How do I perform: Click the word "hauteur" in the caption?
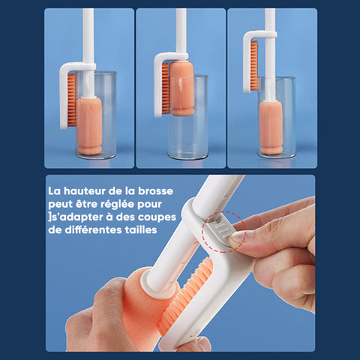pyautogui.click(x=84, y=191)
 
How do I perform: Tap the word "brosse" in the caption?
pyautogui.click(x=155, y=191)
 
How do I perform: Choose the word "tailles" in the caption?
pyautogui.click(x=141, y=230)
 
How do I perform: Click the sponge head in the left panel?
pyautogui.click(x=89, y=126)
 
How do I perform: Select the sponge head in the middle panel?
pyautogui.click(x=181, y=88)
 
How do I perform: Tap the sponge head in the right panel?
pyautogui.click(x=271, y=127)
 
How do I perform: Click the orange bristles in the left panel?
pyautogui.click(x=73, y=100)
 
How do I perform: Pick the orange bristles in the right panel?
pyautogui.click(x=254, y=66)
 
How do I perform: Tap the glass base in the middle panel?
pyautogui.click(x=187, y=156)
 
